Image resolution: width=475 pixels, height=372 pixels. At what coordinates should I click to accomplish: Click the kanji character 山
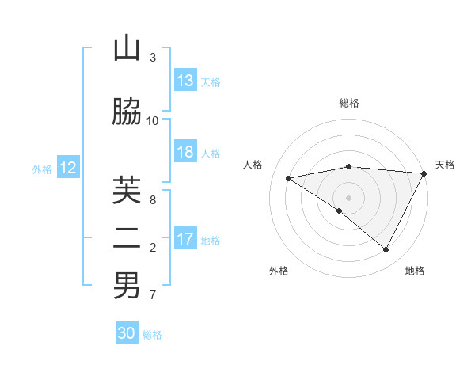127,49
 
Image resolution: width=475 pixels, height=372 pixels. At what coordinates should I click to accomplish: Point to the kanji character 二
127,239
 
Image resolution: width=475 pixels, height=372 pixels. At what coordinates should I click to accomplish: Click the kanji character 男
127,286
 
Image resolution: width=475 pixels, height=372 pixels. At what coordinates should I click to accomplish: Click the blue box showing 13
185,81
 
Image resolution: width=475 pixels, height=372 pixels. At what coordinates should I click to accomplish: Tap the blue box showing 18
185,152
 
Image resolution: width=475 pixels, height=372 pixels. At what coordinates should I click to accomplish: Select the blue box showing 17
185,239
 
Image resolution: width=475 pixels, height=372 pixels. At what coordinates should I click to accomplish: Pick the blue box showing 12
67,168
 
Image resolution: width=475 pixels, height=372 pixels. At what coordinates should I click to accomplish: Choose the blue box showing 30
127,333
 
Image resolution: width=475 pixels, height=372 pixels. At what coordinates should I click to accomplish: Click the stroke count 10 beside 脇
153,120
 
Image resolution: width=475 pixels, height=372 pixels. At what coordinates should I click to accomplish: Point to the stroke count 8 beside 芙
153,200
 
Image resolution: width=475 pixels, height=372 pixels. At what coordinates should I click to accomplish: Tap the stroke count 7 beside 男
153,295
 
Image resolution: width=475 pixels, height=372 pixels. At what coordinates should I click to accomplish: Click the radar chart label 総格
349,103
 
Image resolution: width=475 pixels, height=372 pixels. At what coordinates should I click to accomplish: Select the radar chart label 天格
445,165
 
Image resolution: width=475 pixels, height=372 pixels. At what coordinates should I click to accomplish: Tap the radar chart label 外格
279,271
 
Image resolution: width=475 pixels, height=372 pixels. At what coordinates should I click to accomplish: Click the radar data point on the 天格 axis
425,173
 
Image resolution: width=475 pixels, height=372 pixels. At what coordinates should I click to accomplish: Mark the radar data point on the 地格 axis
386,250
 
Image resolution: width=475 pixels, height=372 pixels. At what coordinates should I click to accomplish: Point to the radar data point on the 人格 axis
289,178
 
